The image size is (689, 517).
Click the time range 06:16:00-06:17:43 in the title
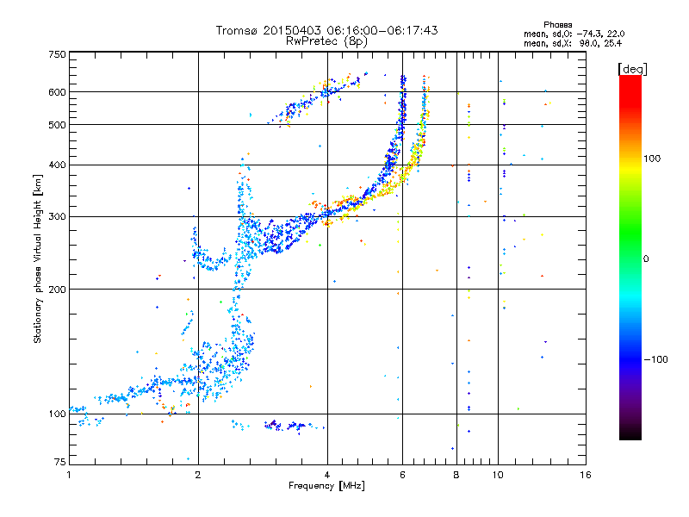tap(382, 30)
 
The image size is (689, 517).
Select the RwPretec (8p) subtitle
tap(326, 41)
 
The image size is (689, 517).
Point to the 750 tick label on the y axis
tap(58, 54)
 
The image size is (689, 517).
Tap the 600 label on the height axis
tap(58, 92)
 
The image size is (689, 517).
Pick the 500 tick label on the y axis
tap(58, 125)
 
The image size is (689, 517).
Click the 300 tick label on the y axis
tap(58, 216)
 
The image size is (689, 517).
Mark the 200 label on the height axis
tap(58, 290)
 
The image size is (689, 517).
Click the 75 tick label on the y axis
tap(60, 462)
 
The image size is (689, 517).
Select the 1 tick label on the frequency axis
tap(69, 475)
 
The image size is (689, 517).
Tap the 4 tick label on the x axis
tap(327, 475)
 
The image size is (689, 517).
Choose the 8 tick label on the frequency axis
tap(456, 475)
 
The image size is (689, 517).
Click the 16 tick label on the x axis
tap(586, 475)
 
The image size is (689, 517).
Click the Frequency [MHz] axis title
tap(327, 486)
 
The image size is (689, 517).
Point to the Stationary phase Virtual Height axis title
tap(38, 258)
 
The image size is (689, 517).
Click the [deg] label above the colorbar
tap(633, 69)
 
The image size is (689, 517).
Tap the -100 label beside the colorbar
tap(655, 359)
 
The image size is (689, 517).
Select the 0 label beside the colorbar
tap(646, 259)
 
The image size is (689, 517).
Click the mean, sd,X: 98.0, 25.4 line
tap(573, 44)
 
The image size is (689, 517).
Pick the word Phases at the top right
tap(558, 25)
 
